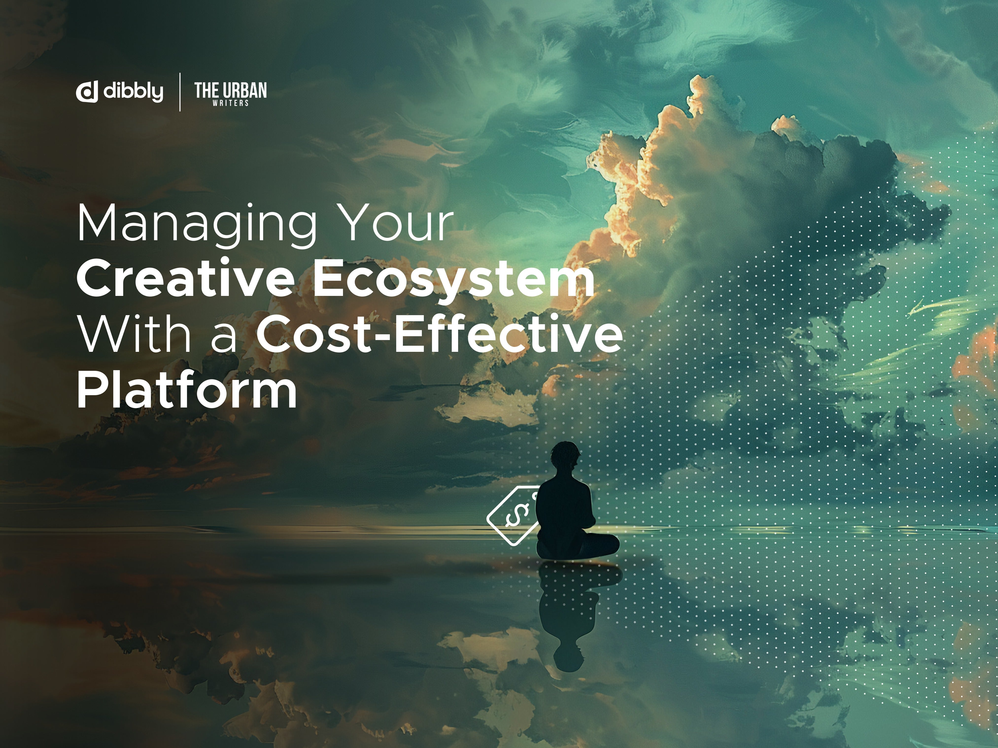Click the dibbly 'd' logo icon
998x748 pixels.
(87, 92)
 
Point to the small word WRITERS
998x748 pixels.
(231, 103)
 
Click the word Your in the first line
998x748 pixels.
(396, 222)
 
